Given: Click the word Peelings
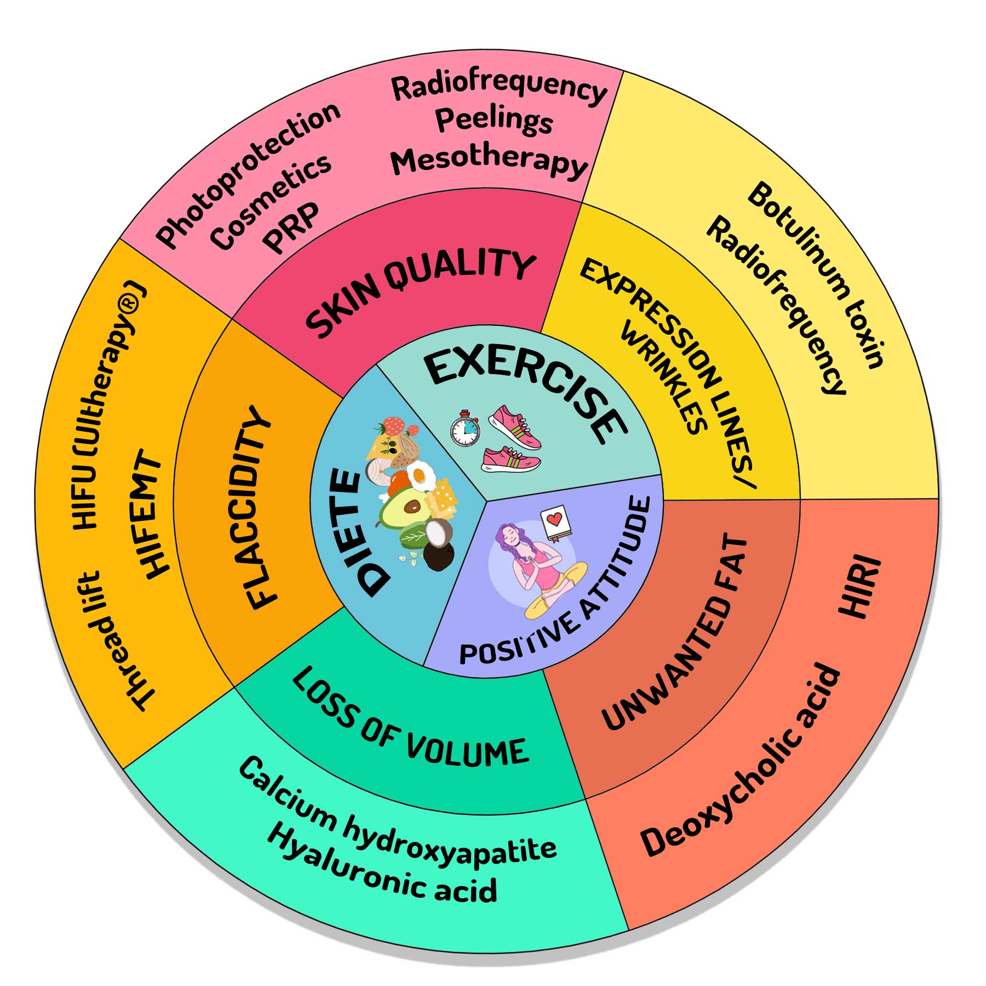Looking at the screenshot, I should pos(494,120).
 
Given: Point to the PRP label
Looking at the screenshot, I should pos(291,227).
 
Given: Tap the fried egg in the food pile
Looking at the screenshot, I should pos(421,475).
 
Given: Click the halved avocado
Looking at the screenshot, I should pos(403,508).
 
